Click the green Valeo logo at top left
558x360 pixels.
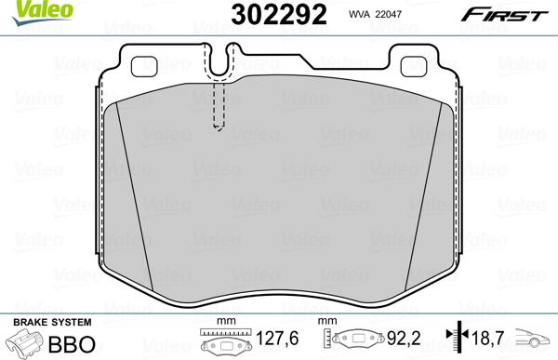tap(25, 10)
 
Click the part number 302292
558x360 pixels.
tap(265, 16)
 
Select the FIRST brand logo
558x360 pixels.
tap(512, 14)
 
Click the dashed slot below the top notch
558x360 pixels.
tap(220, 105)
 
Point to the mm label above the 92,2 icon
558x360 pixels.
tap(326, 323)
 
